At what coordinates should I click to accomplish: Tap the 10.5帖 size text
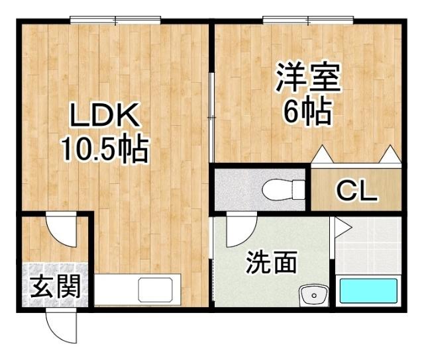click(104, 150)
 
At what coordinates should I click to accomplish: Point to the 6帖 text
click(307, 113)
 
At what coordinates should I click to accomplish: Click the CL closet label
click(356, 191)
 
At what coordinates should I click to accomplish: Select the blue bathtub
click(368, 291)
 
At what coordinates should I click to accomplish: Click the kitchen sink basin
click(155, 290)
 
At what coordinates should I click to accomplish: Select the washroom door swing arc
click(239, 232)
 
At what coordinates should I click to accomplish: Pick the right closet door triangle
click(389, 155)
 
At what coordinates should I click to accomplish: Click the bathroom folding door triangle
click(341, 228)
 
